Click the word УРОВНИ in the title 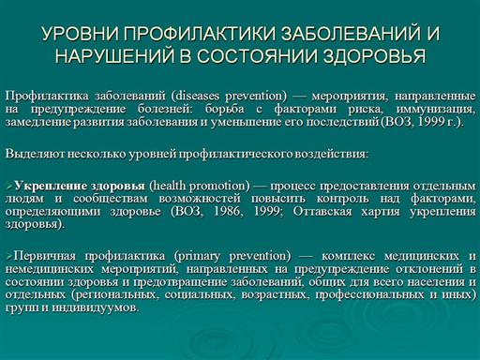(80, 34)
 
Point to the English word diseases (197, 96)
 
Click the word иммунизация (436, 109)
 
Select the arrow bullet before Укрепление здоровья (9, 187)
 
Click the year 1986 (228, 212)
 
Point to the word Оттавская (322, 212)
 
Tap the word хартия (381, 212)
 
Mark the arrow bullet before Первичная (9, 257)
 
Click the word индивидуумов (95, 308)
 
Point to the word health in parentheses (168, 186)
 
